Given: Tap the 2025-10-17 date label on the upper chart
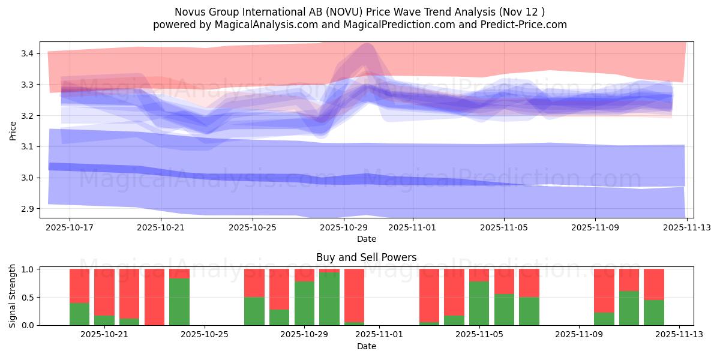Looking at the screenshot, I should click(70, 227).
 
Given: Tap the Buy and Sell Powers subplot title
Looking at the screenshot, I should click(366, 257).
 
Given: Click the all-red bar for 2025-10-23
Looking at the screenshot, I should click(154, 297).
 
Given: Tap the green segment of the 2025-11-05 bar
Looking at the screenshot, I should click(479, 304).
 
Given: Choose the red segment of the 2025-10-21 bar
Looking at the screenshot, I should click(104, 292).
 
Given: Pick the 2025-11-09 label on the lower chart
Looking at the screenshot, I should click(579, 334).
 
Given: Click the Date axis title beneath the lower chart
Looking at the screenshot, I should click(366, 346).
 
